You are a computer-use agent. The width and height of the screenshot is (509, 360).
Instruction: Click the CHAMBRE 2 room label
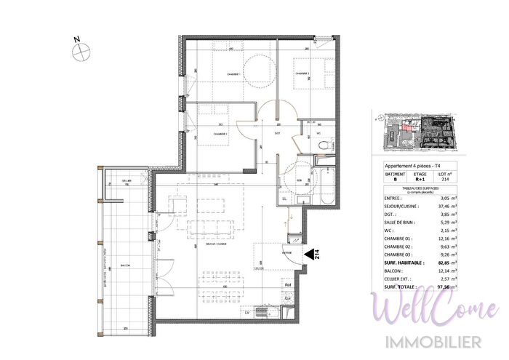220,134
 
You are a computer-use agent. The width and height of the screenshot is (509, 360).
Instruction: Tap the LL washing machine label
284,198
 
